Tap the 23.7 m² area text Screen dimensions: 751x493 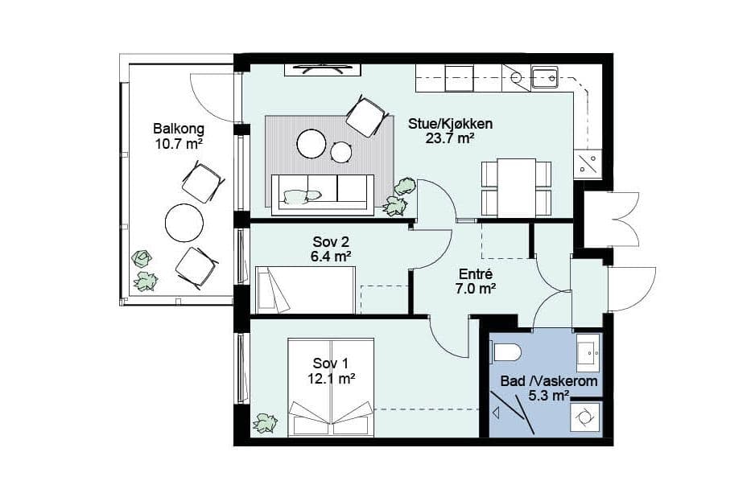(450, 139)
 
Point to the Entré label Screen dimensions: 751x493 (476, 275)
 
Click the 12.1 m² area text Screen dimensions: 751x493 (331, 379)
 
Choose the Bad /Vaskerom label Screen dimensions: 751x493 (549, 381)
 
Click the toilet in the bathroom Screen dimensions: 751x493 (507, 353)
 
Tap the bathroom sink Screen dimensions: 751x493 (588, 353)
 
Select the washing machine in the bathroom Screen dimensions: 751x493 (586, 417)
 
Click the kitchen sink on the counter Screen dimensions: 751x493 (545, 79)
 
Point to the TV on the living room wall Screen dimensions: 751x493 (322, 69)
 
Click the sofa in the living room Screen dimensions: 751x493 (322, 194)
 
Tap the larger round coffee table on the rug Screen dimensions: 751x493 (312, 144)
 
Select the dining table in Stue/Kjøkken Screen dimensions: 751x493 (516, 187)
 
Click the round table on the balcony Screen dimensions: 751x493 (184, 223)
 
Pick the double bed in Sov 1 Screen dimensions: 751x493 (331, 388)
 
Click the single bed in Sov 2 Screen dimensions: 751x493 (306, 290)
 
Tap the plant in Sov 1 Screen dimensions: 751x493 (265, 423)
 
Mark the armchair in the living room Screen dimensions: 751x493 (366, 117)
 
